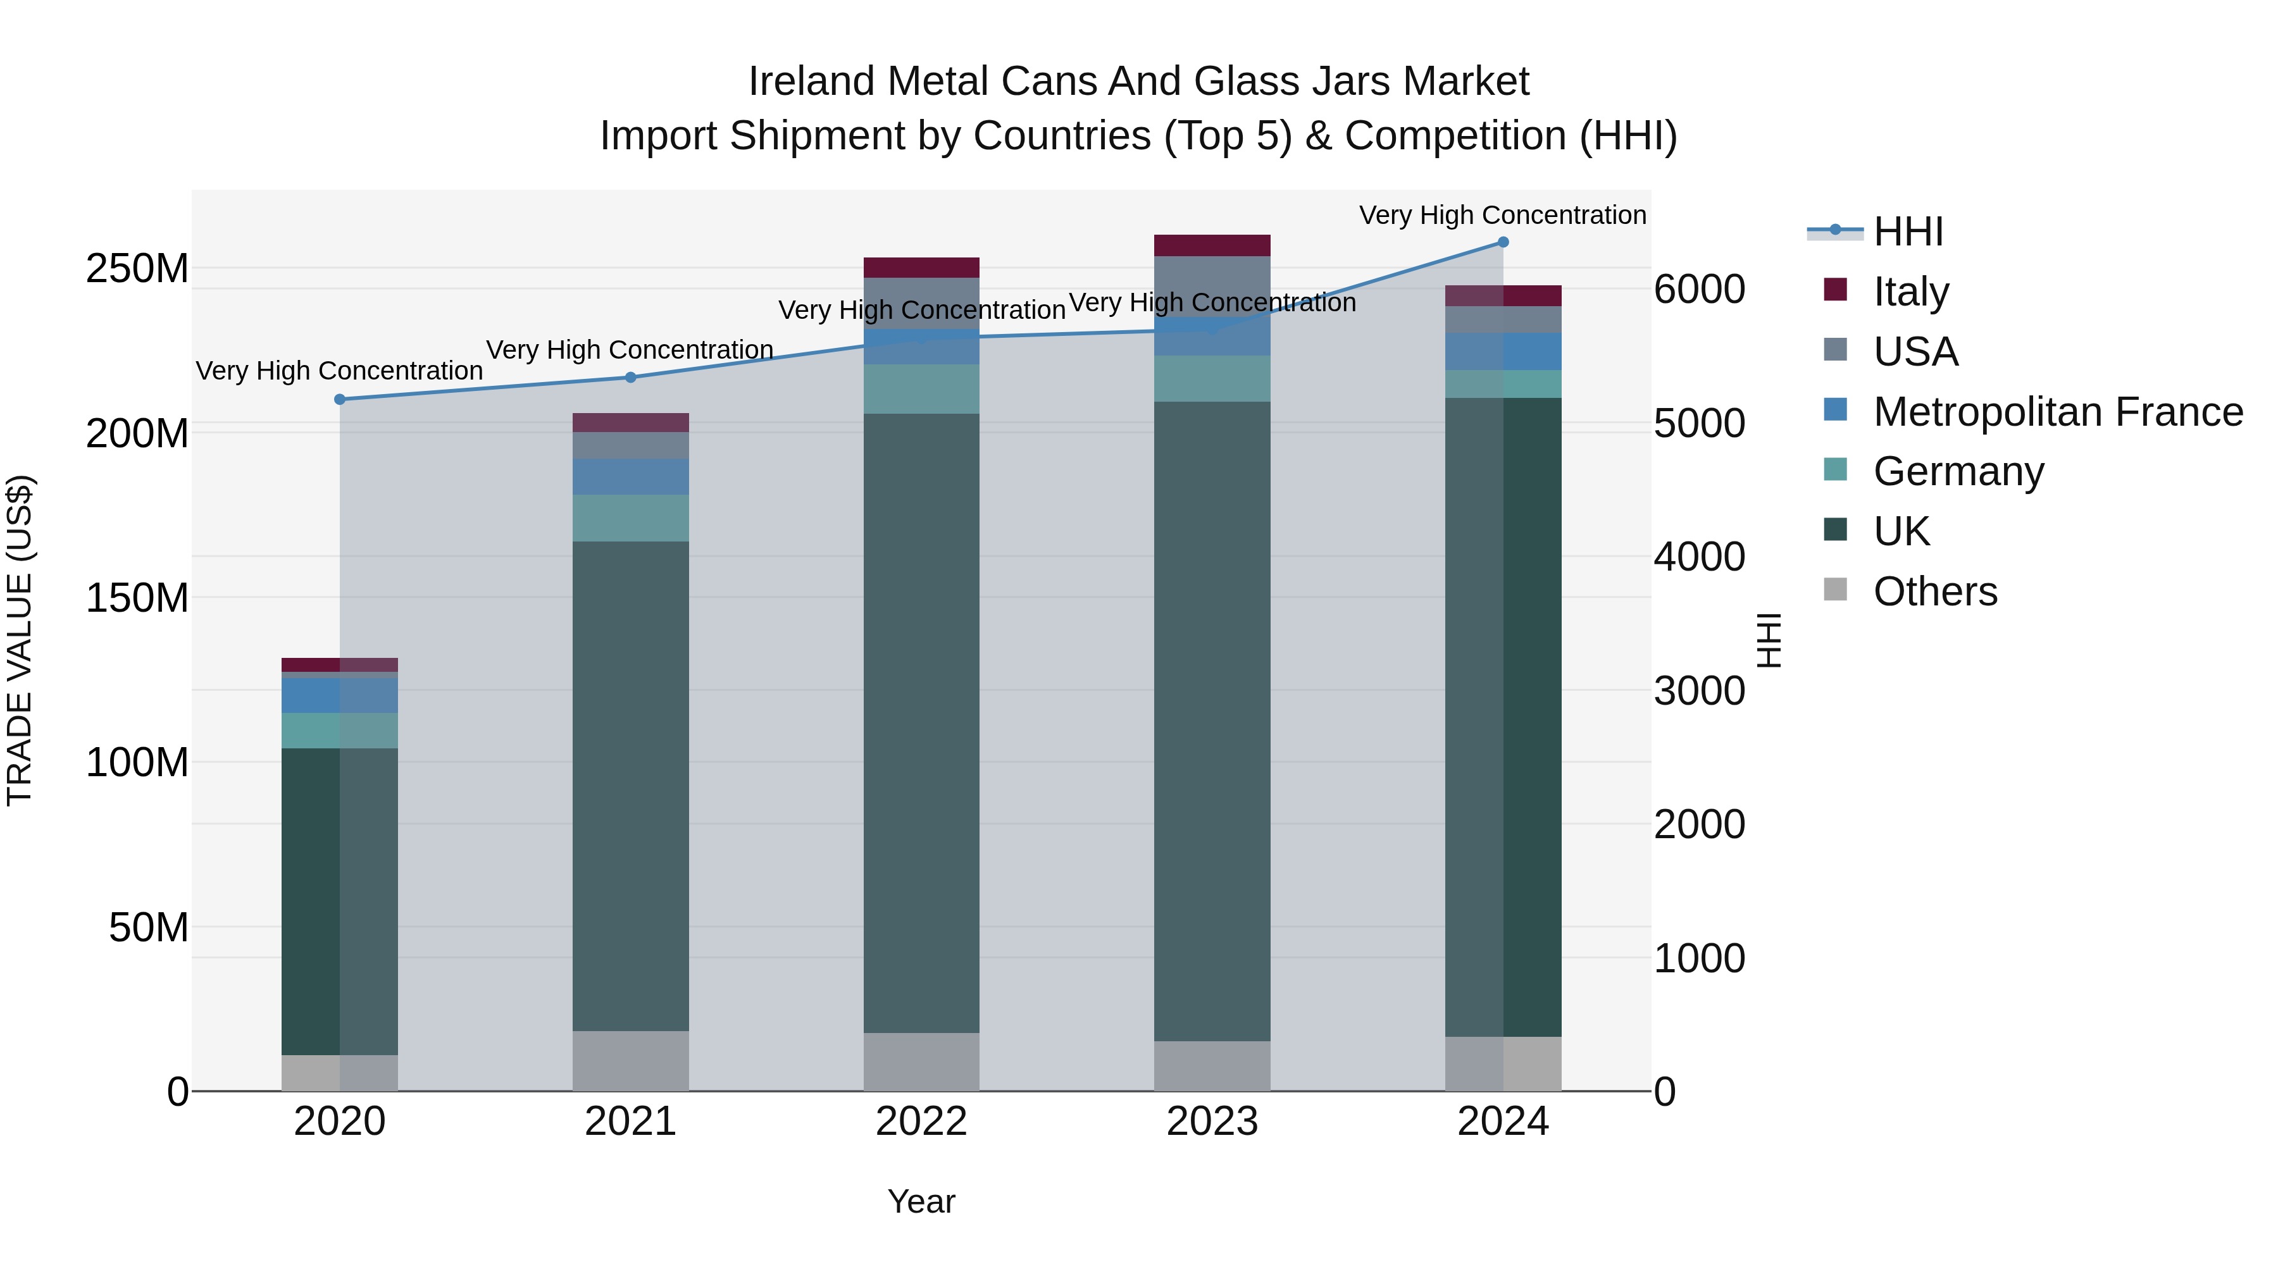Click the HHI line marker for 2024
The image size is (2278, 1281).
coord(1502,242)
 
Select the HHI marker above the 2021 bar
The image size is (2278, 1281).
coord(630,378)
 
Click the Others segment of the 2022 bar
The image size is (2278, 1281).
coord(921,1061)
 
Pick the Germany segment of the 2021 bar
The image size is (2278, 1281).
coord(630,518)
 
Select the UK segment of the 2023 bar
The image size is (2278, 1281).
coord(1212,721)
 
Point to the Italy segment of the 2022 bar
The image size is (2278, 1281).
coord(921,268)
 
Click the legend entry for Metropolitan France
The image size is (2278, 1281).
coord(2057,412)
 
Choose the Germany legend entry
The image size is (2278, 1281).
coord(1958,471)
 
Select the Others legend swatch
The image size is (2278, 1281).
coord(1835,590)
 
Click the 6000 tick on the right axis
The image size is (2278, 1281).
coord(1699,290)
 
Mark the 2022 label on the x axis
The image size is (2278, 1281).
coord(921,1122)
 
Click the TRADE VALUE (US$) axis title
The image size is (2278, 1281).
coord(20,640)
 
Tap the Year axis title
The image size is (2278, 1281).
coord(921,1201)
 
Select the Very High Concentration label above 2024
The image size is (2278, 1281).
coord(1502,215)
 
